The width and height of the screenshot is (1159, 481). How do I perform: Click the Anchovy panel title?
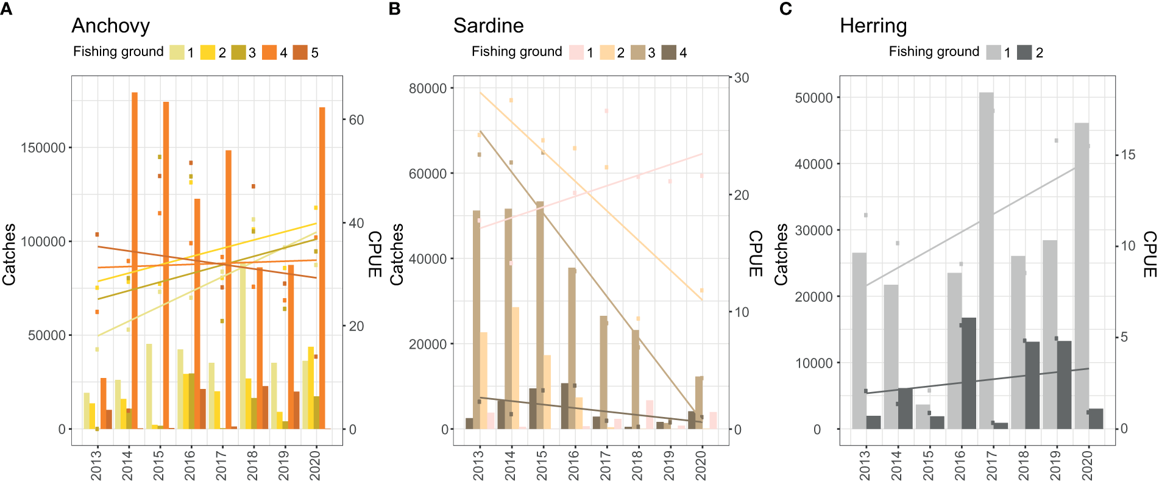click(x=110, y=26)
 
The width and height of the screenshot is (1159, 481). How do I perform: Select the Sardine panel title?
click(x=488, y=26)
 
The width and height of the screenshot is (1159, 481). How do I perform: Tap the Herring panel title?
click(x=873, y=26)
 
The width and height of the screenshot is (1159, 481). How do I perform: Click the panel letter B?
click(x=394, y=9)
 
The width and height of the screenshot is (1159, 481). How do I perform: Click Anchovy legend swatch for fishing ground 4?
click(x=269, y=52)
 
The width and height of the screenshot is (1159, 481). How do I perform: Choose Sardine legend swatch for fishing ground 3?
click(x=637, y=52)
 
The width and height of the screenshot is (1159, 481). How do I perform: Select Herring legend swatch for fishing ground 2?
click(x=1024, y=52)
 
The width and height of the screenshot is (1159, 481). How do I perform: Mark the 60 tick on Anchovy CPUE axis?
click(x=356, y=120)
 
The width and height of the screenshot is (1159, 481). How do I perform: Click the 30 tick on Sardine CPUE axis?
click(x=741, y=78)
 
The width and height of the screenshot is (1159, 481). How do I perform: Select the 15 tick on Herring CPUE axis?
click(x=1128, y=155)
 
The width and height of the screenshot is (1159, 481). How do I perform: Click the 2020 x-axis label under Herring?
click(x=1087, y=465)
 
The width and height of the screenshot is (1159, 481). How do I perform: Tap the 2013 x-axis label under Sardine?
click(x=478, y=465)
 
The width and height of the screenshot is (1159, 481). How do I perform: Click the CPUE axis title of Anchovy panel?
click(x=374, y=254)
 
